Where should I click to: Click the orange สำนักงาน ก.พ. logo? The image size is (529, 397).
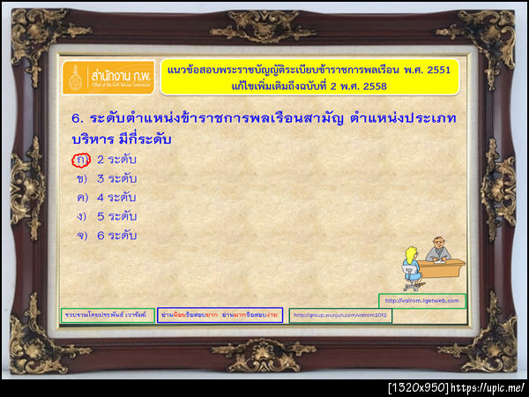[108, 77]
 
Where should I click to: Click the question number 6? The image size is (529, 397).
[76, 117]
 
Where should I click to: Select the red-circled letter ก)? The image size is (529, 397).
[81, 160]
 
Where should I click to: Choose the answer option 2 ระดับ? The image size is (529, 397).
[116, 160]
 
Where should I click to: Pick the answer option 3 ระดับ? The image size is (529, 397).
[116, 178]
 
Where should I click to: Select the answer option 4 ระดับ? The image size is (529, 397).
[116, 197]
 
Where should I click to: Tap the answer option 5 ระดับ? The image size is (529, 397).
[116, 216]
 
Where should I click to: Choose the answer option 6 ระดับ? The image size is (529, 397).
[116, 235]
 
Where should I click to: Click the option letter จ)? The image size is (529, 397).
[81, 235]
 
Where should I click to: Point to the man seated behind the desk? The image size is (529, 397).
[438, 250]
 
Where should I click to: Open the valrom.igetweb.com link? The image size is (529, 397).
[422, 300]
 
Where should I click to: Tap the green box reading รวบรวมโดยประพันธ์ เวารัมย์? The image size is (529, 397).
[105, 314]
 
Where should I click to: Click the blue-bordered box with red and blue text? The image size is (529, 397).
[219, 314]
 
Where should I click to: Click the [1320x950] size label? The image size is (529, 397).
[418, 387]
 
